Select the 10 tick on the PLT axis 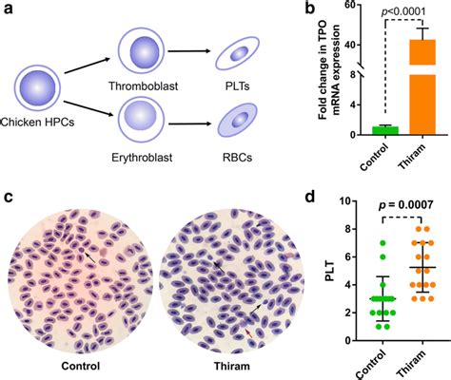[x=348, y=201]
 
